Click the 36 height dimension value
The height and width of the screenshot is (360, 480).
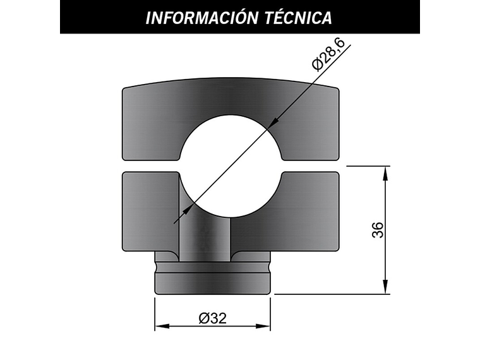coord(378,230)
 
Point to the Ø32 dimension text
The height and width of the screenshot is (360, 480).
coord(212,318)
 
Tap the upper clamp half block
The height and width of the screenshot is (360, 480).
coord(152,120)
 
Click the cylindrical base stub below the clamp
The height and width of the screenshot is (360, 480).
coord(212,278)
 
